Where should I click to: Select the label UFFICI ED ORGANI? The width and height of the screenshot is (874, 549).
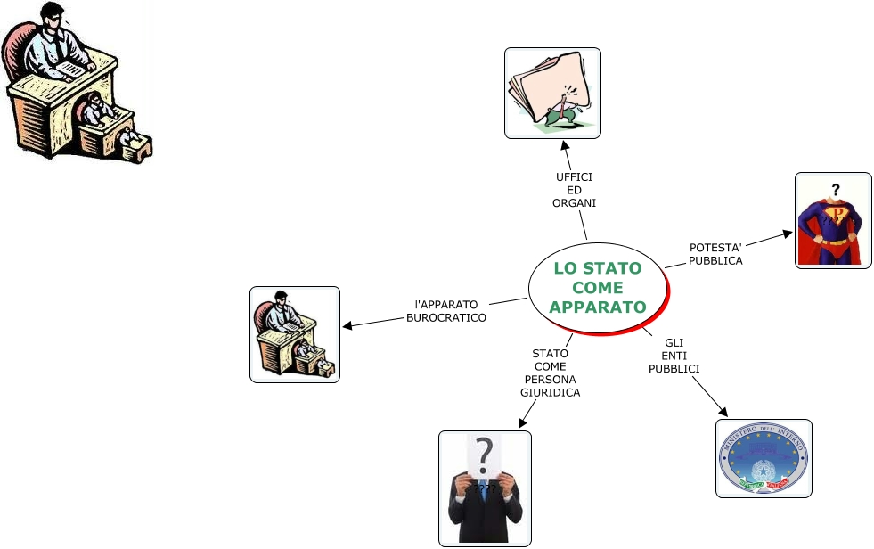pyautogui.click(x=575, y=190)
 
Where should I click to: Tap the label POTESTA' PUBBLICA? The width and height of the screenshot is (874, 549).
pyautogui.click(x=715, y=254)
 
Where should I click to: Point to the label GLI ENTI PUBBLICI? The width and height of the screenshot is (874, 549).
pyautogui.click(x=674, y=356)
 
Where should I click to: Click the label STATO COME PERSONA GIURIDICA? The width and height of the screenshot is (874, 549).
pyautogui.click(x=550, y=373)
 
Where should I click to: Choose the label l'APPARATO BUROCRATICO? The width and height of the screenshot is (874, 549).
pyautogui.click(x=446, y=310)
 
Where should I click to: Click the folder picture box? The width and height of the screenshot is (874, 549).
pyautogui.click(x=552, y=93)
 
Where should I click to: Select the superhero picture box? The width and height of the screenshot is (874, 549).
pyautogui.click(x=832, y=220)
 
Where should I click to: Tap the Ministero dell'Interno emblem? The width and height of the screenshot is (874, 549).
pyautogui.click(x=764, y=457)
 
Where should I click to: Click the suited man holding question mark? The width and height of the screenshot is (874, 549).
pyautogui.click(x=485, y=488)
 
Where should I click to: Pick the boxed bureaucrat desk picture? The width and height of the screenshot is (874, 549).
pyautogui.click(x=294, y=334)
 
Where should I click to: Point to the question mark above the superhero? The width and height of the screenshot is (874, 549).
pyautogui.click(x=836, y=189)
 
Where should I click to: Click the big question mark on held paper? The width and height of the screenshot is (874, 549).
pyautogui.click(x=484, y=455)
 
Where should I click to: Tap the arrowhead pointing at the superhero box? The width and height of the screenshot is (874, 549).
pyautogui.click(x=788, y=234)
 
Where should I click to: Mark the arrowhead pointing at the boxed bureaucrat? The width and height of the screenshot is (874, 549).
pyautogui.click(x=347, y=325)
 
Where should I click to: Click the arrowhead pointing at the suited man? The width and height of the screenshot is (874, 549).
pyautogui.click(x=522, y=423)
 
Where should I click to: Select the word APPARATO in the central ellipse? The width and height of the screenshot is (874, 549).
pyautogui.click(x=597, y=307)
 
